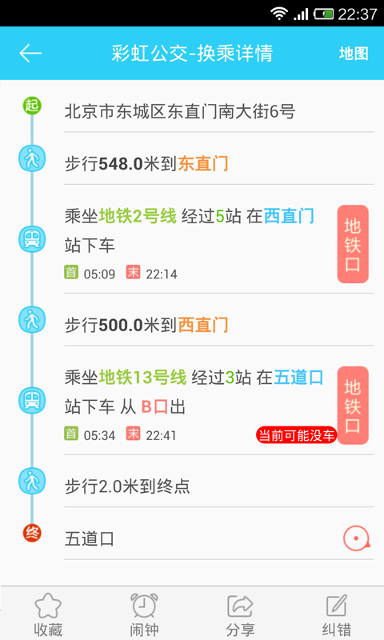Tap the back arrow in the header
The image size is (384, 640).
pos(30,53)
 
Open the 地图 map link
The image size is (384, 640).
pos(354,53)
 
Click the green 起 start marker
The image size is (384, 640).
pos(32,106)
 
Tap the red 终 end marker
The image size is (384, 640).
pos(32,533)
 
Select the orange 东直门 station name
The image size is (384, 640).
pos(203,164)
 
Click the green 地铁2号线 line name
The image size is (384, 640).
pos(138,216)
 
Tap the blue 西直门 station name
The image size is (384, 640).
pos(289,216)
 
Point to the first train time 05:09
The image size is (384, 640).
pos(99,274)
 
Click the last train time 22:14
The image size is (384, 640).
pos(162,274)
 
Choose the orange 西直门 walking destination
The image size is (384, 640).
pos(203,326)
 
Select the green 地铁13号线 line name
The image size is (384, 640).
pos(143,378)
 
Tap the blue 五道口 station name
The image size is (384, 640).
pos(298,378)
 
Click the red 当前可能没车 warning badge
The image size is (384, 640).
pos(296,435)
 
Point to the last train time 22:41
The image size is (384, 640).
pos(161,435)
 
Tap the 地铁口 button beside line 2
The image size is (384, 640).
pos(353,244)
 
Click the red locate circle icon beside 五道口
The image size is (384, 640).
pos(356,538)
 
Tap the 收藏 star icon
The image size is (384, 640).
pos(48,606)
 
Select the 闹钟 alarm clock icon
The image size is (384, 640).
pos(144,606)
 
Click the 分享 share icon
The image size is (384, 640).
pos(240,606)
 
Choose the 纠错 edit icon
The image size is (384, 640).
pos(337,606)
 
